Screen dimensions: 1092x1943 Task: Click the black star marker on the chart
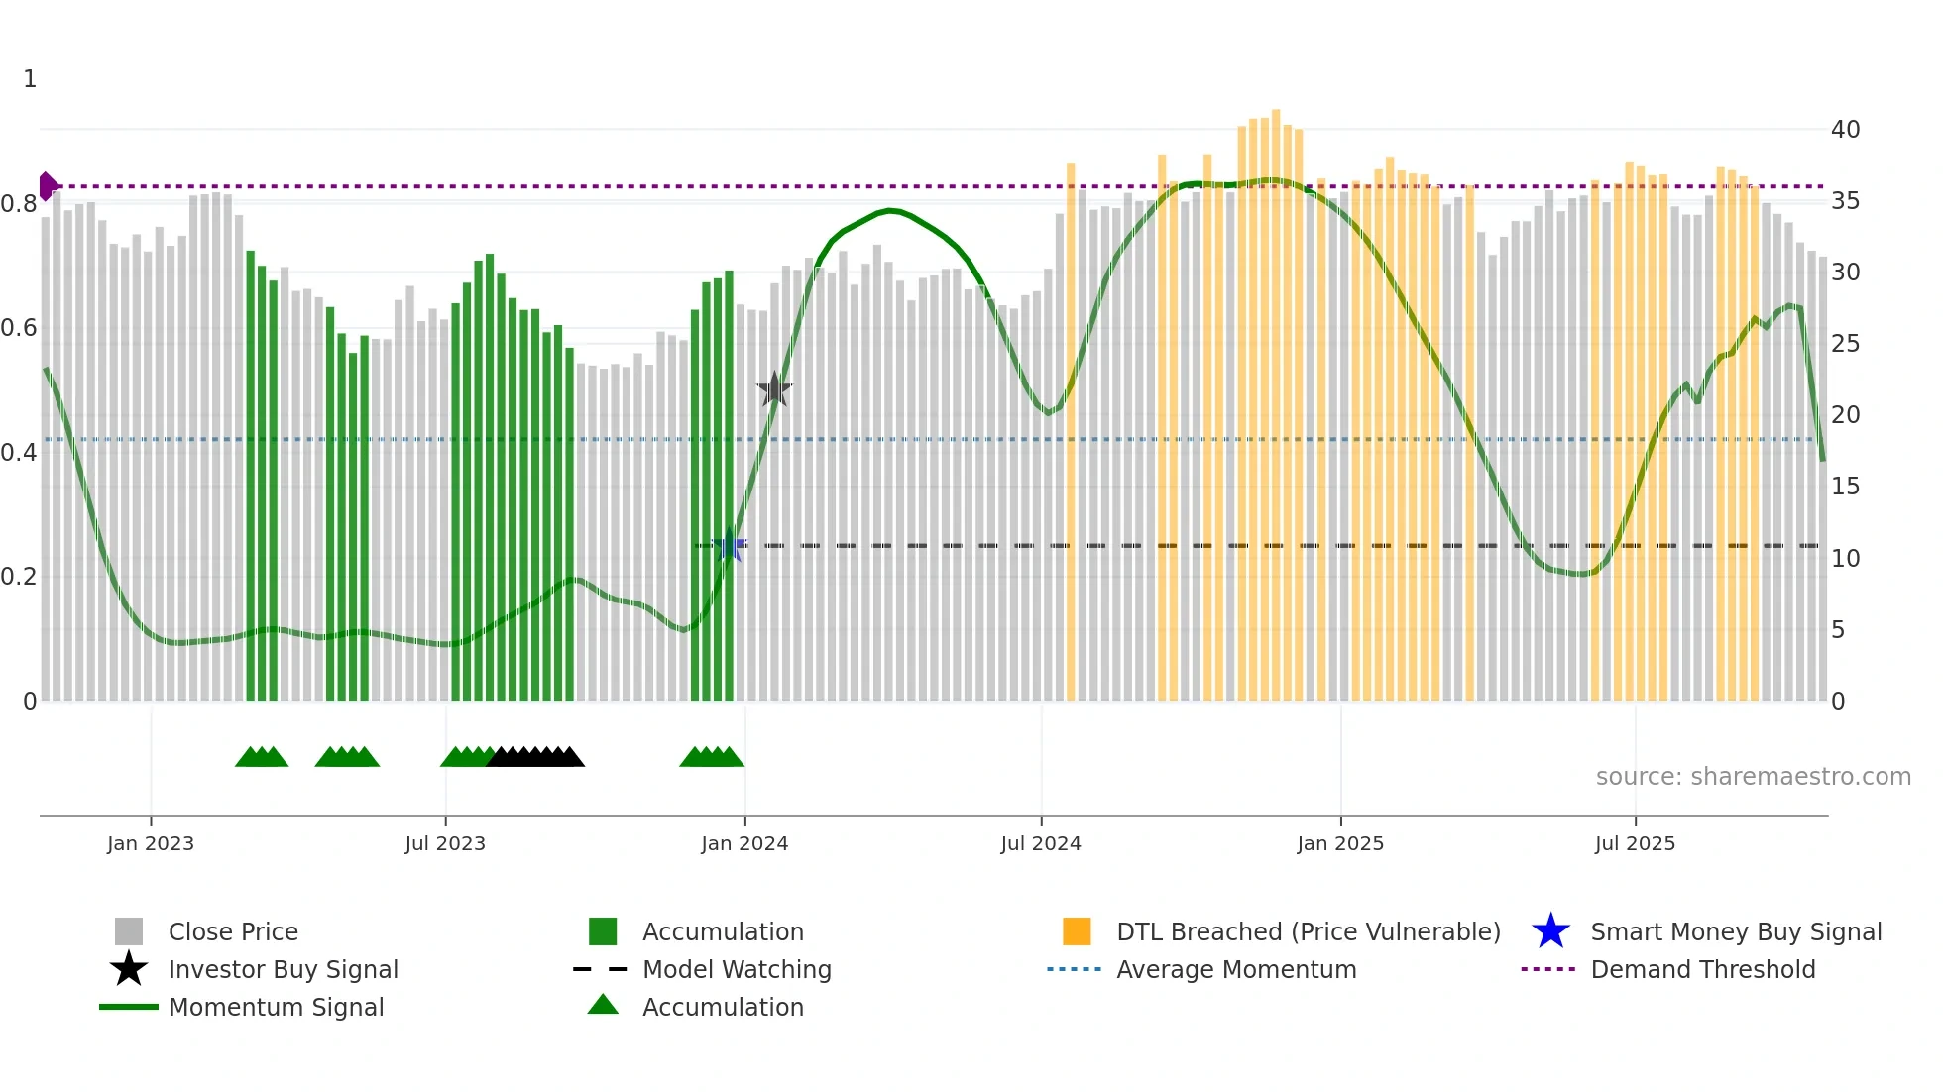click(774, 389)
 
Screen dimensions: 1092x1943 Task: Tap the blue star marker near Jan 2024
click(731, 545)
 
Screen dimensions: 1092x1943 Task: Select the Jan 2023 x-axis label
click(151, 843)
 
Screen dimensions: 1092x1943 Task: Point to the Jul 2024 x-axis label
click(1041, 843)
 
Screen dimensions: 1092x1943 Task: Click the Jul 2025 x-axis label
click(1635, 843)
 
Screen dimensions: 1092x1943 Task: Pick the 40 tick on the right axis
click(1845, 130)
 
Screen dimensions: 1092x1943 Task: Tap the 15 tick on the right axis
click(1845, 487)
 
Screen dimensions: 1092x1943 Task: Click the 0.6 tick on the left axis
click(19, 328)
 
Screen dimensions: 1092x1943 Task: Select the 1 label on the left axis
click(30, 79)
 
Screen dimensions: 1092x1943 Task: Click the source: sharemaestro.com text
click(1753, 777)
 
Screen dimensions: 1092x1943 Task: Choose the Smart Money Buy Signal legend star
click(1550, 931)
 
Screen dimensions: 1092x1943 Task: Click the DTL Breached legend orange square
click(1077, 931)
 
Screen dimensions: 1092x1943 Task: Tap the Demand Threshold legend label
click(1702, 969)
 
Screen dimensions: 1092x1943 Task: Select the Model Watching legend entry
click(737, 969)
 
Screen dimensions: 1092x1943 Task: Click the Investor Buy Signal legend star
click(129, 969)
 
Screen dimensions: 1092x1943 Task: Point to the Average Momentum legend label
click(1236, 969)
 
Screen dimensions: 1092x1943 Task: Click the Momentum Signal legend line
click(129, 1007)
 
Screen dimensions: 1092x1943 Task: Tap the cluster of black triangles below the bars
click(535, 757)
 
